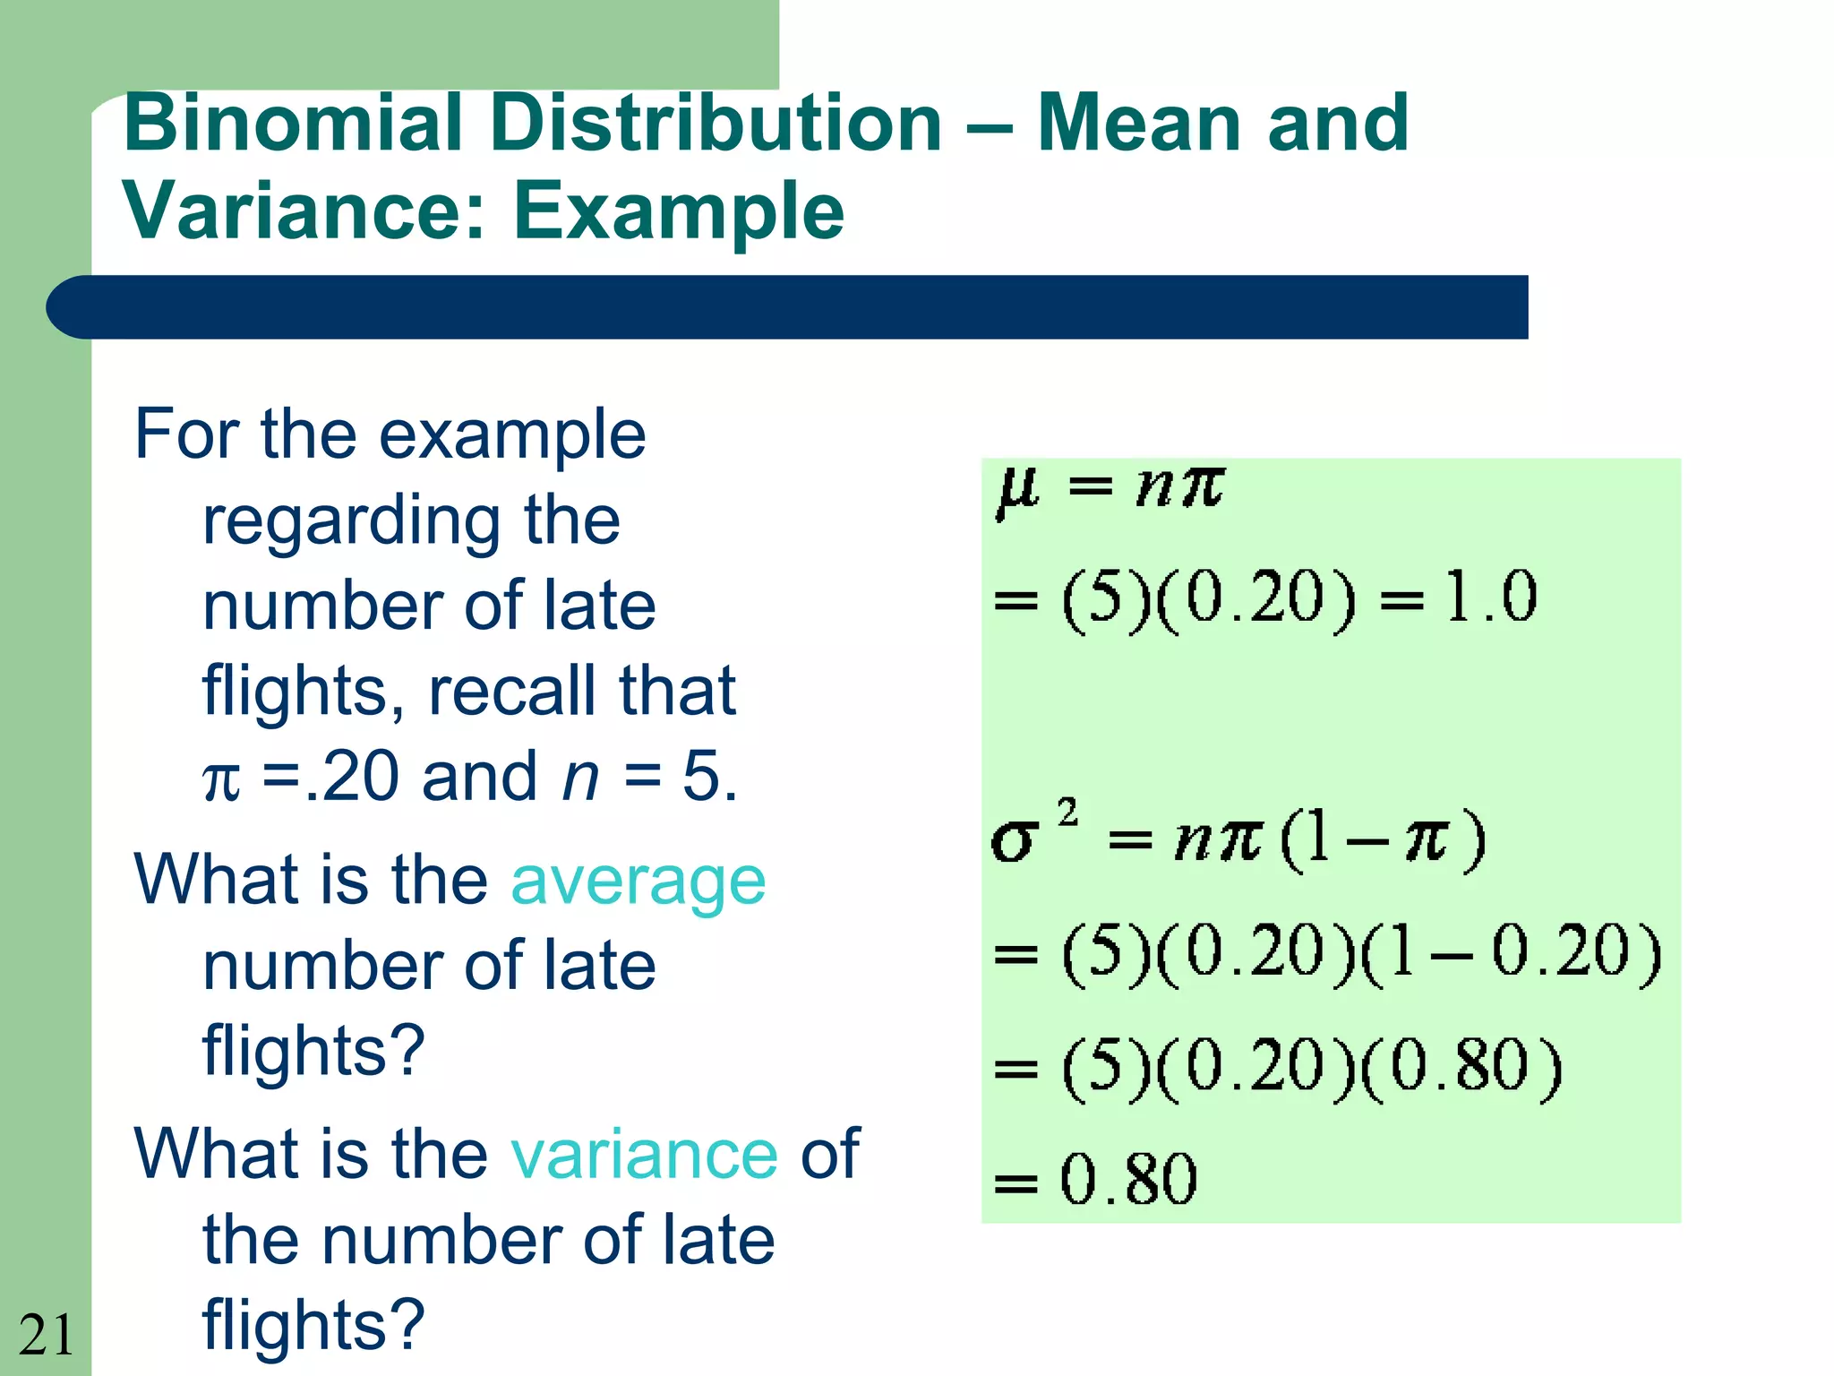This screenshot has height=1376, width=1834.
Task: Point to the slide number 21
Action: pos(46,1335)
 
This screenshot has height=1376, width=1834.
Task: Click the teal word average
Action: pos(638,881)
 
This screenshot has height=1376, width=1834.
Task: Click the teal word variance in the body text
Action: pos(644,1155)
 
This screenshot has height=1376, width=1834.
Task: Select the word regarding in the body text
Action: pos(350,522)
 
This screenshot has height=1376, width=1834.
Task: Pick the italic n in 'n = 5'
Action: pos(580,777)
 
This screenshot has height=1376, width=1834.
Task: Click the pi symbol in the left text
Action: pos(221,779)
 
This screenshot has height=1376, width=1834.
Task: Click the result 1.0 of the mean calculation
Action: pos(1490,597)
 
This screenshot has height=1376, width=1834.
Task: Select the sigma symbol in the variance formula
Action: pos(1014,842)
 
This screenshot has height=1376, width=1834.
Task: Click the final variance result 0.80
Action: pos(1127,1179)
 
